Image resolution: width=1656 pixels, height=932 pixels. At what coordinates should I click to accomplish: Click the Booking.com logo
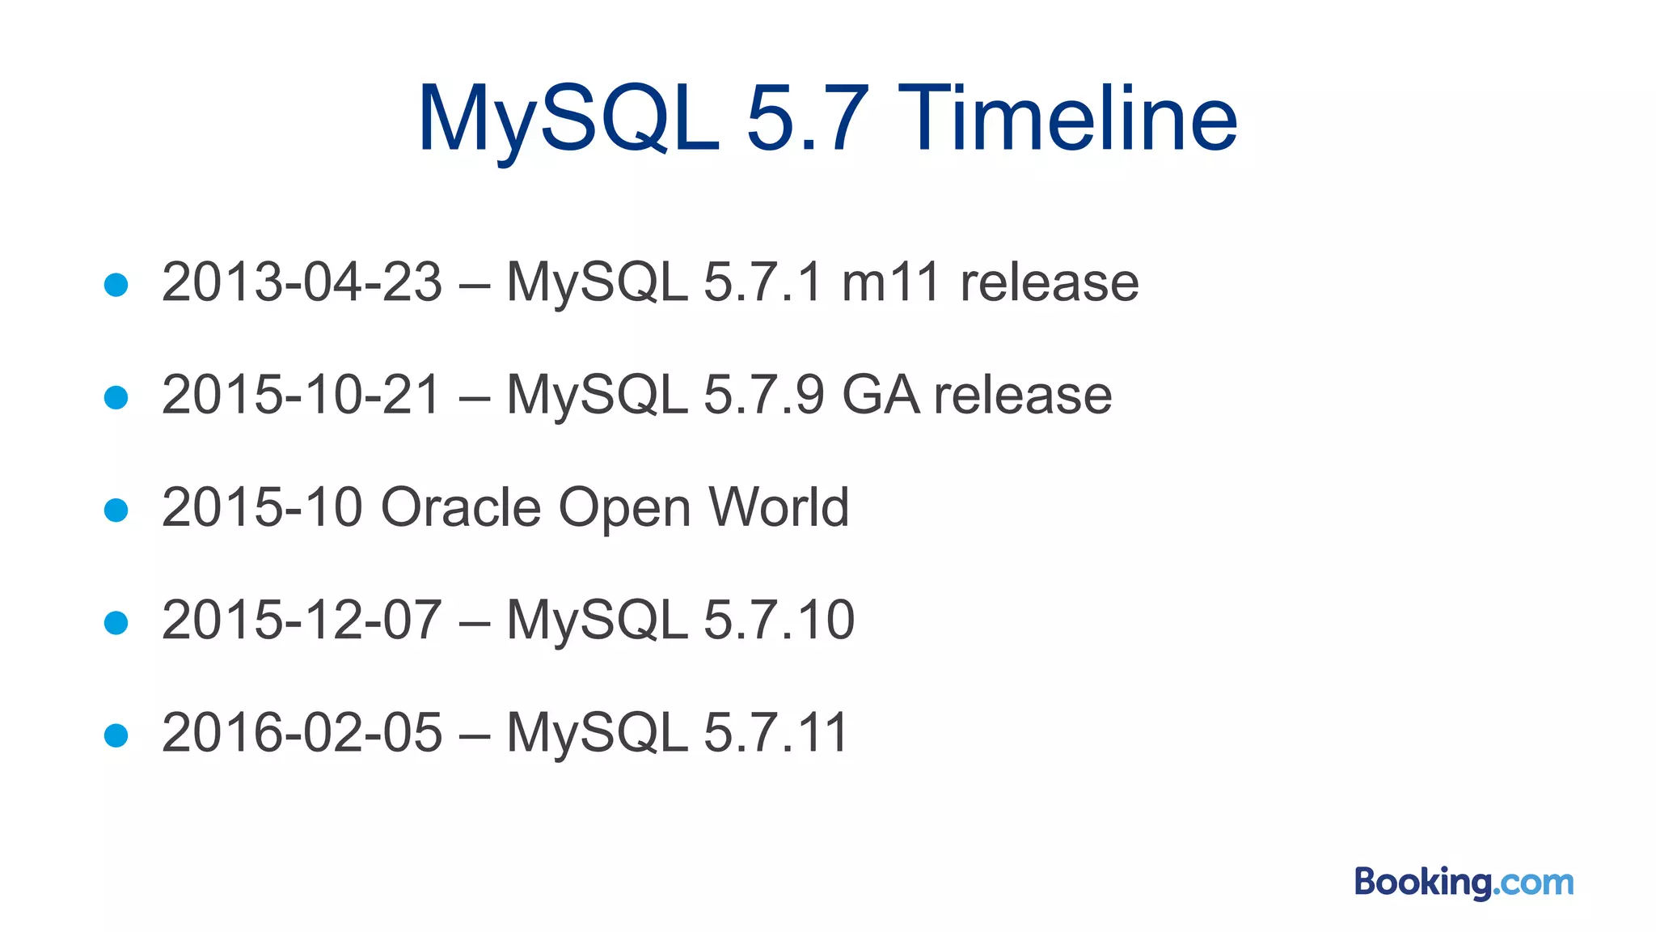[1464, 882]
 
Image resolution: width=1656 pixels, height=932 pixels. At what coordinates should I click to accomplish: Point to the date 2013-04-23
[302, 282]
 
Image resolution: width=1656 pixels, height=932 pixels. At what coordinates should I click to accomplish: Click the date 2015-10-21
[302, 395]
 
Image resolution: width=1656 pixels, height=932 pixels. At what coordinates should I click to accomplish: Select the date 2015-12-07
[302, 621]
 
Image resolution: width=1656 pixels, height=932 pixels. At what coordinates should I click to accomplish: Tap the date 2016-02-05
[302, 733]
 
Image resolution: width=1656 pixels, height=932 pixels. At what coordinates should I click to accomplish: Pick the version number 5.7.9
[764, 395]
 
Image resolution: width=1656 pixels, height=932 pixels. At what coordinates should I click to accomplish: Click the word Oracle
[460, 507]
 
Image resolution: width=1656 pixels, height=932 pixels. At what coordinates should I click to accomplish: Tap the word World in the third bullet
[779, 507]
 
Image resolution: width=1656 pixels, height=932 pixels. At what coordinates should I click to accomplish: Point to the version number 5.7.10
[779, 621]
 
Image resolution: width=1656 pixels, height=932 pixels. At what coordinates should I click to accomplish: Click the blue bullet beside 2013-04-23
[116, 285]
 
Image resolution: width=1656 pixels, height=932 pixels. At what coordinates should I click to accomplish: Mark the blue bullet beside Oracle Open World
[116, 510]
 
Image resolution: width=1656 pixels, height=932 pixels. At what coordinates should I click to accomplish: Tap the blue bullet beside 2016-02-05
[116, 735]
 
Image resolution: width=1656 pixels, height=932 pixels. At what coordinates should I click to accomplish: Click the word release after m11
[1049, 282]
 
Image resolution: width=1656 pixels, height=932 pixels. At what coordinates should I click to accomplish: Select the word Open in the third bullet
[625, 507]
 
